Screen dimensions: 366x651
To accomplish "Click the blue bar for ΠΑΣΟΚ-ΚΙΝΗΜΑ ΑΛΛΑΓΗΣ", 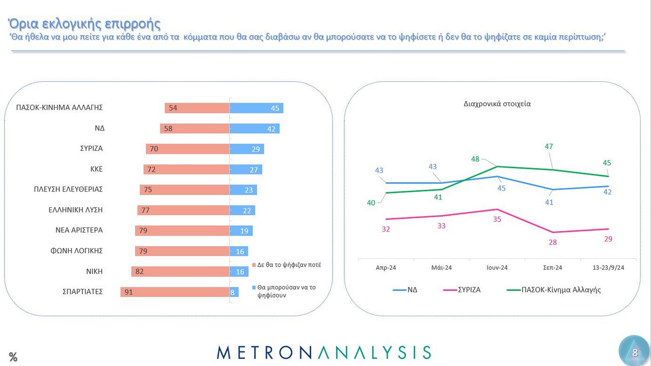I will click(x=256, y=108).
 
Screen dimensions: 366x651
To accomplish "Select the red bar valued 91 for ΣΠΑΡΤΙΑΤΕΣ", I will click(x=175, y=292).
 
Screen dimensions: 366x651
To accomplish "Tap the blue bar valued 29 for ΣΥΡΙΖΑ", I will click(x=247, y=149).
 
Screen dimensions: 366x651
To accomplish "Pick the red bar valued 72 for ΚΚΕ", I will click(x=186, y=170).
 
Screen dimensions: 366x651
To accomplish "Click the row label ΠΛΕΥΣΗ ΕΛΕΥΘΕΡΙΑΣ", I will click(x=68, y=189).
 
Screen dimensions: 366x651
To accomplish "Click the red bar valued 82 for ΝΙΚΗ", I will click(x=180, y=272).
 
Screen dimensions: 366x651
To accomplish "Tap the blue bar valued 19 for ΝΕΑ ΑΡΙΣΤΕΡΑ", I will click(x=241, y=230).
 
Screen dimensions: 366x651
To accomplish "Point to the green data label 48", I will click(x=475, y=159).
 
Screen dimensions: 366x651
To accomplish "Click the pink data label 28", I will click(x=552, y=243).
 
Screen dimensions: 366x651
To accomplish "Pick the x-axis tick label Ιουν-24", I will click(x=496, y=268).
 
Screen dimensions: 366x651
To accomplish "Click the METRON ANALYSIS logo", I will click(x=324, y=352).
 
